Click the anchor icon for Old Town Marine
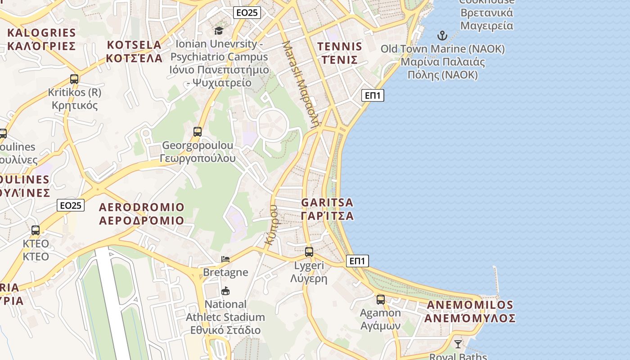(443, 36)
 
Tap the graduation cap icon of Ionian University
(219, 31)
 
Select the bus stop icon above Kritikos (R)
(74, 79)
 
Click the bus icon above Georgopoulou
(198, 132)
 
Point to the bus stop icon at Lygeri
(309, 252)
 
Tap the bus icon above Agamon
(381, 300)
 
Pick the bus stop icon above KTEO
(36, 230)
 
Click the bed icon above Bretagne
(225, 259)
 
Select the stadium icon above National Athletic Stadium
(225, 291)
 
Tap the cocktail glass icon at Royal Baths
(458, 344)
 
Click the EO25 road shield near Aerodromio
(71, 206)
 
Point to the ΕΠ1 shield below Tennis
(373, 95)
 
